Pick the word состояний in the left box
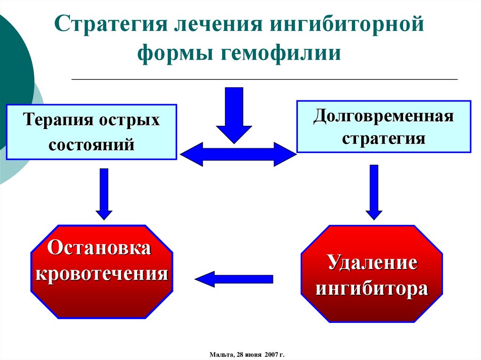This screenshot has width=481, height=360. click(92, 143)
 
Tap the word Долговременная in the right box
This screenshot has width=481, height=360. click(383, 115)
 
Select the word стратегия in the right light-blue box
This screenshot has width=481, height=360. click(383, 138)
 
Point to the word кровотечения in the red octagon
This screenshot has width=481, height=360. click(102, 273)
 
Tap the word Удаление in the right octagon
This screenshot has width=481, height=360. click(372, 263)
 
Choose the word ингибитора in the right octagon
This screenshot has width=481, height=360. click(372, 288)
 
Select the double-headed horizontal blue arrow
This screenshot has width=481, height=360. click(239, 154)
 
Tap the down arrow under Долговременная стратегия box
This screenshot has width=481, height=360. click(374, 191)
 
